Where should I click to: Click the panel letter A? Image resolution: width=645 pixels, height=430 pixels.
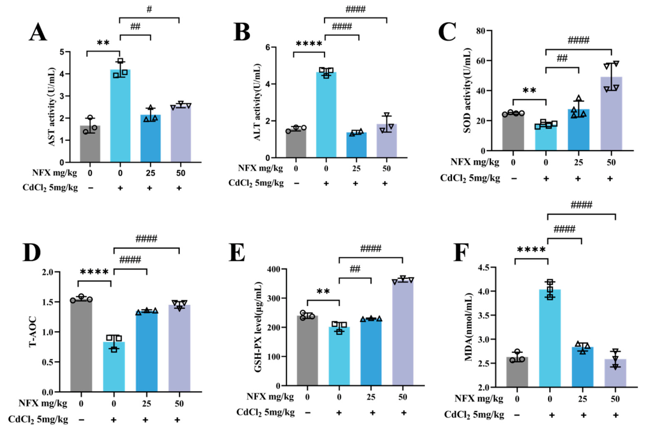pos(38,32)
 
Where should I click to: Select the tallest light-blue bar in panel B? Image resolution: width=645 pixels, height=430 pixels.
pos(326,115)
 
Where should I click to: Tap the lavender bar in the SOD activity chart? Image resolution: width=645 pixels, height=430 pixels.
pos(611,113)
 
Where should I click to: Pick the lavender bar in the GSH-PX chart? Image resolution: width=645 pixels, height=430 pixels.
pos(403,333)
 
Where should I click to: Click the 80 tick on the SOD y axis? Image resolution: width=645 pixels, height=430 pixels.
pos(480,31)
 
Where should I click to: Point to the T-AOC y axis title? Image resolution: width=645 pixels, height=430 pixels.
pos(33,332)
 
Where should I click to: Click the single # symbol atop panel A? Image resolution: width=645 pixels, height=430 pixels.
pos(149,9)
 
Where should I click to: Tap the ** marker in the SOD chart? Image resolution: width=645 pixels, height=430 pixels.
pos(529,91)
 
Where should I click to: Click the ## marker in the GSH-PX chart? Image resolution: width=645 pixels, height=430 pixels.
pos(355,269)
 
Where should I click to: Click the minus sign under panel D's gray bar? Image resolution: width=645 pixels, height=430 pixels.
pos(82,420)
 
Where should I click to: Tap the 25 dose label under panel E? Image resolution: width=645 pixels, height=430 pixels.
pos(371,397)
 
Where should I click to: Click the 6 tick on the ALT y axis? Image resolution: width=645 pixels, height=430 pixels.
pos(268,47)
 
